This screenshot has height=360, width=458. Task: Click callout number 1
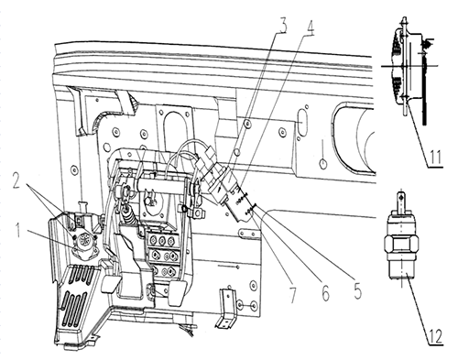(x=18, y=230)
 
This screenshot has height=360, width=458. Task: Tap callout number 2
(x=17, y=180)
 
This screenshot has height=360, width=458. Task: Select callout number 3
(x=282, y=25)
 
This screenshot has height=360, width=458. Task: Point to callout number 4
(x=309, y=26)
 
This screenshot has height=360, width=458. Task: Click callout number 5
(x=357, y=290)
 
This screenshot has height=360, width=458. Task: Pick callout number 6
(x=325, y=292)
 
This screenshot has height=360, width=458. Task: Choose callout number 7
(x=293, y=294)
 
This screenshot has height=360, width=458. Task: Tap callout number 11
(x=434, y=158)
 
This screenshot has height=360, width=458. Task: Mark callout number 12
(x=435, y=335)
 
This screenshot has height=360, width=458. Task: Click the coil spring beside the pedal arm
(x=128, y=214)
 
